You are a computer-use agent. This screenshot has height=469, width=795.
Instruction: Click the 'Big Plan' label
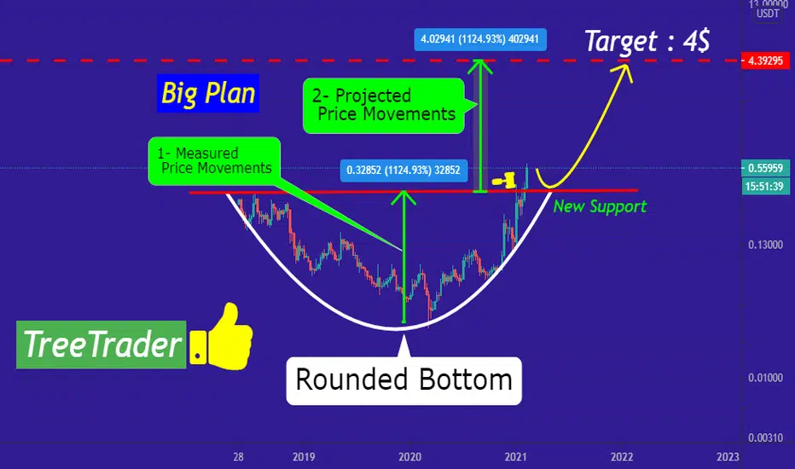coord(208,93)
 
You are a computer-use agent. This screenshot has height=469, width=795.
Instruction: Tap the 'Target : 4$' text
coord(647,41)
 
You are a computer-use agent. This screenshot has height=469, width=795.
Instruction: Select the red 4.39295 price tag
coord(765,61)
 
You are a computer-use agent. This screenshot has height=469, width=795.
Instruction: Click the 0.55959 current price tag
coord(765,168)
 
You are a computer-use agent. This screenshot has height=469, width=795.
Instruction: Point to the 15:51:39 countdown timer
coord(765,186)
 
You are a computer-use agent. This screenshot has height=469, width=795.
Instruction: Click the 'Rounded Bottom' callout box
coord(404,380)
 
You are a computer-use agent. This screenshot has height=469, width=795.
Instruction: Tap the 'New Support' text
coord(600,206)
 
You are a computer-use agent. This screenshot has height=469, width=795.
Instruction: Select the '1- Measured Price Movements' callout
coord(214,160)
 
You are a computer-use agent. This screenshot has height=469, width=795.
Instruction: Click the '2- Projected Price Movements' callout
coord(384,106)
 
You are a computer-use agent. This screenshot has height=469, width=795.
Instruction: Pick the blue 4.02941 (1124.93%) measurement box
coord(480,39)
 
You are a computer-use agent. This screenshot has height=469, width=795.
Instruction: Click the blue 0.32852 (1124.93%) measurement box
coord(403,170)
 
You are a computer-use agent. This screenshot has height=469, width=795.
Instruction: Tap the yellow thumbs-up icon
coord(222,337)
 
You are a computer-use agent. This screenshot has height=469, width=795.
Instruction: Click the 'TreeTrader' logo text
coord(102,345)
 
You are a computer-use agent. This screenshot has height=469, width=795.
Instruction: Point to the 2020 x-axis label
coord(409,457)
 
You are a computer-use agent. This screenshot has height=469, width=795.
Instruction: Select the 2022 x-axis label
coord(622,457)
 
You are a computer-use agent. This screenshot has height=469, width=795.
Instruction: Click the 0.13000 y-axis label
coord(765,245)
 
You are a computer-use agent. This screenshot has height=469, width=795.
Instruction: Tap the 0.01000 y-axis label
coord(765,378)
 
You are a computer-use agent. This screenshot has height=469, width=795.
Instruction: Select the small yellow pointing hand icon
coord(504,180)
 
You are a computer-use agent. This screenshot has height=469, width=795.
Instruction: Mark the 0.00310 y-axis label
coord(765,437)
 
